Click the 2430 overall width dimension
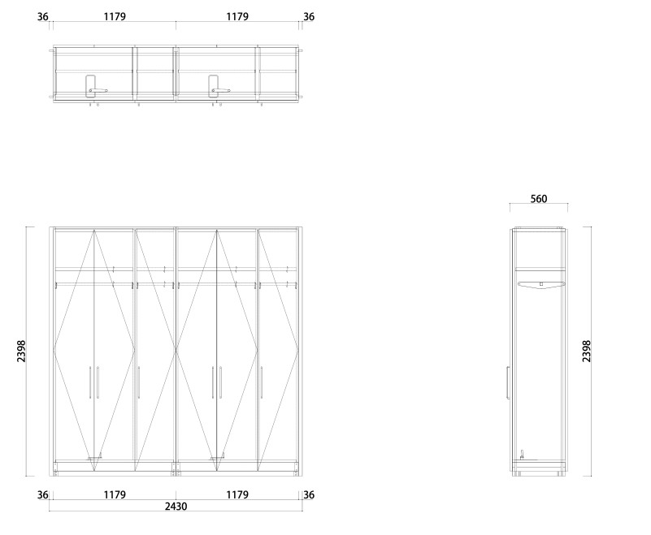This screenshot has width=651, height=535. [176, 507]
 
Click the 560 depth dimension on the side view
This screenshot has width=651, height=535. [539, 199]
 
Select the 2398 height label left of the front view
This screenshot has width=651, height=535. [21, 352]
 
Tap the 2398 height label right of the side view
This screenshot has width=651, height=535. [586, 352]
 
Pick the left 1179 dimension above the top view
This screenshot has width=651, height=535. [115, 16]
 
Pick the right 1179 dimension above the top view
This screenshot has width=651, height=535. [237, 16]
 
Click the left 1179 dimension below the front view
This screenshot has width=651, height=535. [115, 494]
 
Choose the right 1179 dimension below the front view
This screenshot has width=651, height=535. [237, 494]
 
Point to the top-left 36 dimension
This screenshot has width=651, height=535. [43, 17]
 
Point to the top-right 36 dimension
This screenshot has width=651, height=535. [309, 17]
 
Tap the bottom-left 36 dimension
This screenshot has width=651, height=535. [43, 495]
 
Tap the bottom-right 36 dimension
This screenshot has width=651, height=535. [309, 495]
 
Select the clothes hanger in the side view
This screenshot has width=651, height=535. [541, 284]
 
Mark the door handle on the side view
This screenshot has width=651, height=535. [508, 383]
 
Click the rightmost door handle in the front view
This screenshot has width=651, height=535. [262, 382]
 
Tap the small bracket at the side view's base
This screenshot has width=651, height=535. [523, 455]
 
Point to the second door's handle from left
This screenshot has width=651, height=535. [98, 382]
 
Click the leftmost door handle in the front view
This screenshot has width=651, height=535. [90, 382]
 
